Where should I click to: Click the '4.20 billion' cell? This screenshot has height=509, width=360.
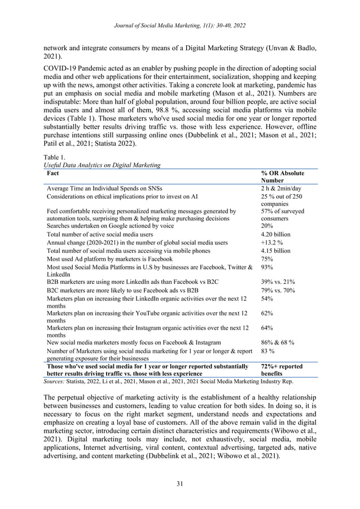(x=276, y=234)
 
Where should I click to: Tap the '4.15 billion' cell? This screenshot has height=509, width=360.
(x=276, y=251)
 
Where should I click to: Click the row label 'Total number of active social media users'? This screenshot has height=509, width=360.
(x=100, y=234)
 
